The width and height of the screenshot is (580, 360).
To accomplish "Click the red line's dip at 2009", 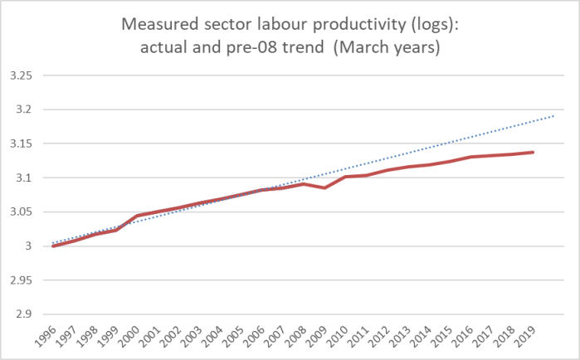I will coord(324,187).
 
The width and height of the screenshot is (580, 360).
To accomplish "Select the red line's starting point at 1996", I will coord(53,246).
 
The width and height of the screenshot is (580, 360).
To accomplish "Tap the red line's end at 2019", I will coord(533,153).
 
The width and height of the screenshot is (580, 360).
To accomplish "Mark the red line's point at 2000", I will coord(136,216).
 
